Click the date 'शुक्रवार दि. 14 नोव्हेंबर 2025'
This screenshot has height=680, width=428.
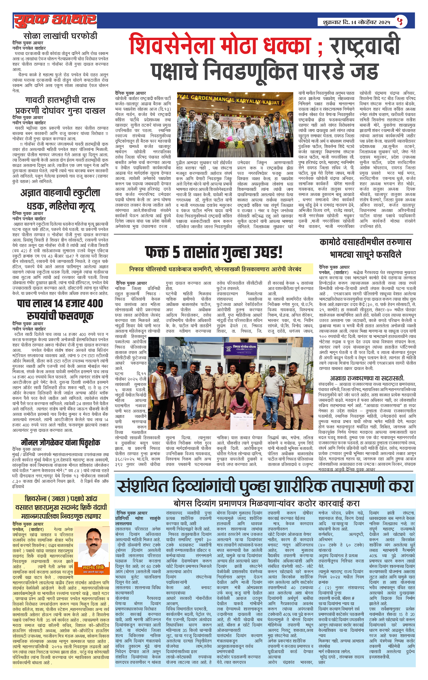(x=354, y=22)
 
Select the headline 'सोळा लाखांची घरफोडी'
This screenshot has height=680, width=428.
(x=60, y=36)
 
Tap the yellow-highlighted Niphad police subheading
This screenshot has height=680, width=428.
(x=215, y=269)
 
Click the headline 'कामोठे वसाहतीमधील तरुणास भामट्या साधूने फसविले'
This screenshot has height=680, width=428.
(x=365, y=248)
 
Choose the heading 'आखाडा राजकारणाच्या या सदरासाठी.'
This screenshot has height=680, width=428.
(x=367, y=378)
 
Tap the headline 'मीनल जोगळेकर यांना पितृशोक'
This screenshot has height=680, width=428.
(x=60, y=442)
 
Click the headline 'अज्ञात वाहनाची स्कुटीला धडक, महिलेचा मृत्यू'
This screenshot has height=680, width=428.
(x=60, y=200)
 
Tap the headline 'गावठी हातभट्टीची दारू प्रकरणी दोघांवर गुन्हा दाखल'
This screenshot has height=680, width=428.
(x=60, y=105)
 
